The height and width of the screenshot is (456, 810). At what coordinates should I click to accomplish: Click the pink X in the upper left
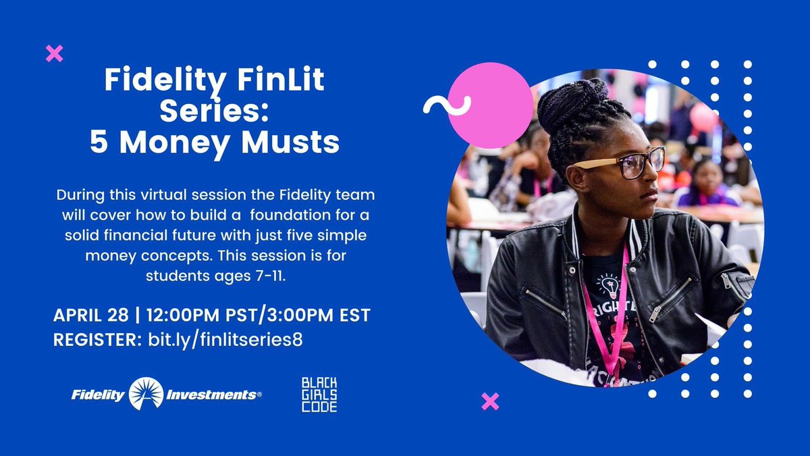(54, 53)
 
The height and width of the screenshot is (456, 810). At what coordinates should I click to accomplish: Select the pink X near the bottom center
(490, 401)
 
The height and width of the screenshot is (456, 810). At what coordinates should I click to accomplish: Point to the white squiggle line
(446, 105)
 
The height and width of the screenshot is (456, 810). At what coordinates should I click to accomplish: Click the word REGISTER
(94, 339)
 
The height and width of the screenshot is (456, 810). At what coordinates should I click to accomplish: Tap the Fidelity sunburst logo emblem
(146, 394)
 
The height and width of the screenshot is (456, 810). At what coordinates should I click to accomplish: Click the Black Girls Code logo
(319, 395)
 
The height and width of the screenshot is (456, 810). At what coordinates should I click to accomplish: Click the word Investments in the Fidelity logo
(213, 395)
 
